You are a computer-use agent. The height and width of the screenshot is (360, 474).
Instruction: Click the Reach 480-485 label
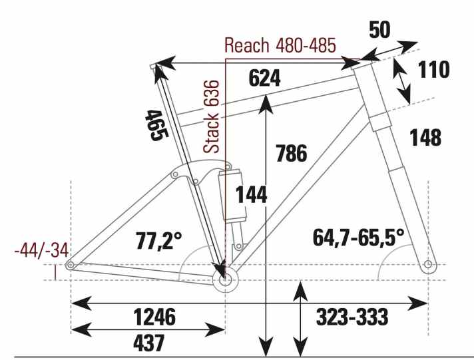(280, 46)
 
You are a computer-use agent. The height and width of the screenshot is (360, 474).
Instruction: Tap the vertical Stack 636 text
(211, 116)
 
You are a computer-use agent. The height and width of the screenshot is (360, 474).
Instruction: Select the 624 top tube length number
(264, 78)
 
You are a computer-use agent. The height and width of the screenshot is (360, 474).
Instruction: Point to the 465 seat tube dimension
(156, 125)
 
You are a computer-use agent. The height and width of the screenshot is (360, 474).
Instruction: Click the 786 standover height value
(292, 153)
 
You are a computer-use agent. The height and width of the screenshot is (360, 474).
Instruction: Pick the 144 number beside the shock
(251, 195)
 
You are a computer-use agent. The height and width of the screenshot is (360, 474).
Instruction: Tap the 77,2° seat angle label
(158, 241)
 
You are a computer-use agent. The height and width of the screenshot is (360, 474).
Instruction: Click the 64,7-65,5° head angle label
(358, 237)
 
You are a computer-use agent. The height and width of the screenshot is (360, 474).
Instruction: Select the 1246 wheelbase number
(154, 317)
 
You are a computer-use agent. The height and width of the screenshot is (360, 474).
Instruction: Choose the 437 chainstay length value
(148, 343)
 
